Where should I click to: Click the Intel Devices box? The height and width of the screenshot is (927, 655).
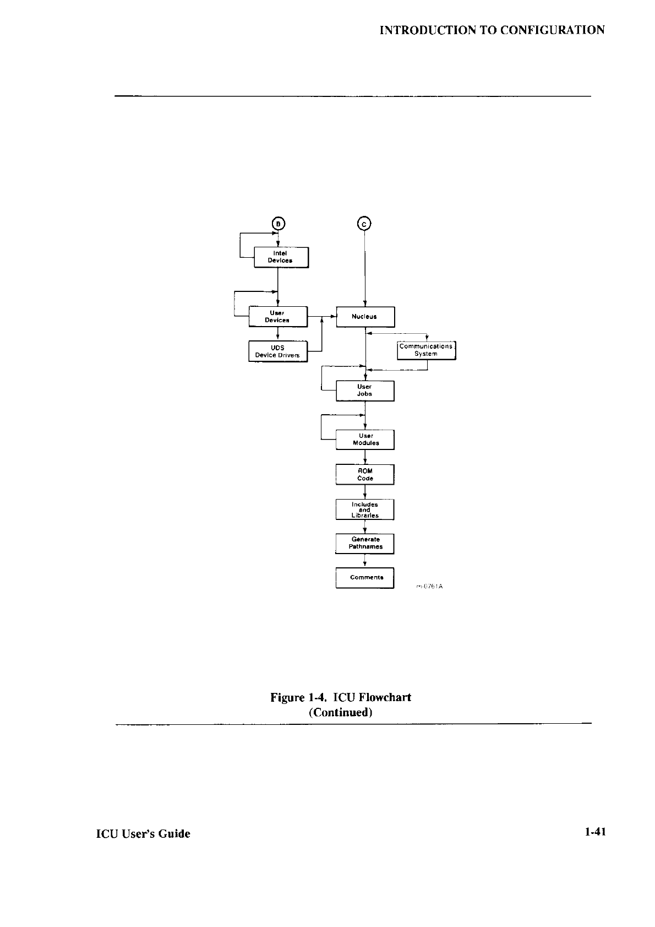pyautogui.click(x=281, y=257)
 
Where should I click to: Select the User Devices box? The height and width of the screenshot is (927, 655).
pyautogui.click(x=277, y=317)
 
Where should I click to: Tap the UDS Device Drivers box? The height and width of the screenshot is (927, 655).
pyautogui.click(x=277, y=351)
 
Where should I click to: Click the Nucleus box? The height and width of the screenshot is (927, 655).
pyautogui.click(x=365, y=317)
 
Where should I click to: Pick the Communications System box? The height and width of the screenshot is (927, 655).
pyautogui.click(x=426, y=350)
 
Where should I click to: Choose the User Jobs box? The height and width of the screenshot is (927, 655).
pyautogui.click(x=365, y=391)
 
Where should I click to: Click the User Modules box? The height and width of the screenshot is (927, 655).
pyautogui.click(x=365, y=440)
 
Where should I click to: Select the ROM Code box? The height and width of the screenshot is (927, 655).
pyautogui.click(x=365, y=475)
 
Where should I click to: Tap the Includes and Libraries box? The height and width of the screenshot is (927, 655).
pyautogui.click(x=365, y=509)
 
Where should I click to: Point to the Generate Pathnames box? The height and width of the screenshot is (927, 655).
pyautogui.click(x=365, y=544)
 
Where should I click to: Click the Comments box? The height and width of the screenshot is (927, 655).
pyautogui.click(x=365, y=578)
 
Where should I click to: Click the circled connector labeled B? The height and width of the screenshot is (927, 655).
pyautogui.click(x=279, y=224)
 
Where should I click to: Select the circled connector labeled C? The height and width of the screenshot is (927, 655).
pyautogui.click(x=364, y=224)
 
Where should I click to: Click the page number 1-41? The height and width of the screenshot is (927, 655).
pyautogui.click(x=595, y=833)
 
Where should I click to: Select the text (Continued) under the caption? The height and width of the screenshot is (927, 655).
pyautogui.click(x=341, y=713)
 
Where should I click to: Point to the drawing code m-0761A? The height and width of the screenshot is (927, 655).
pyautogui.click(x=429, y=587)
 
